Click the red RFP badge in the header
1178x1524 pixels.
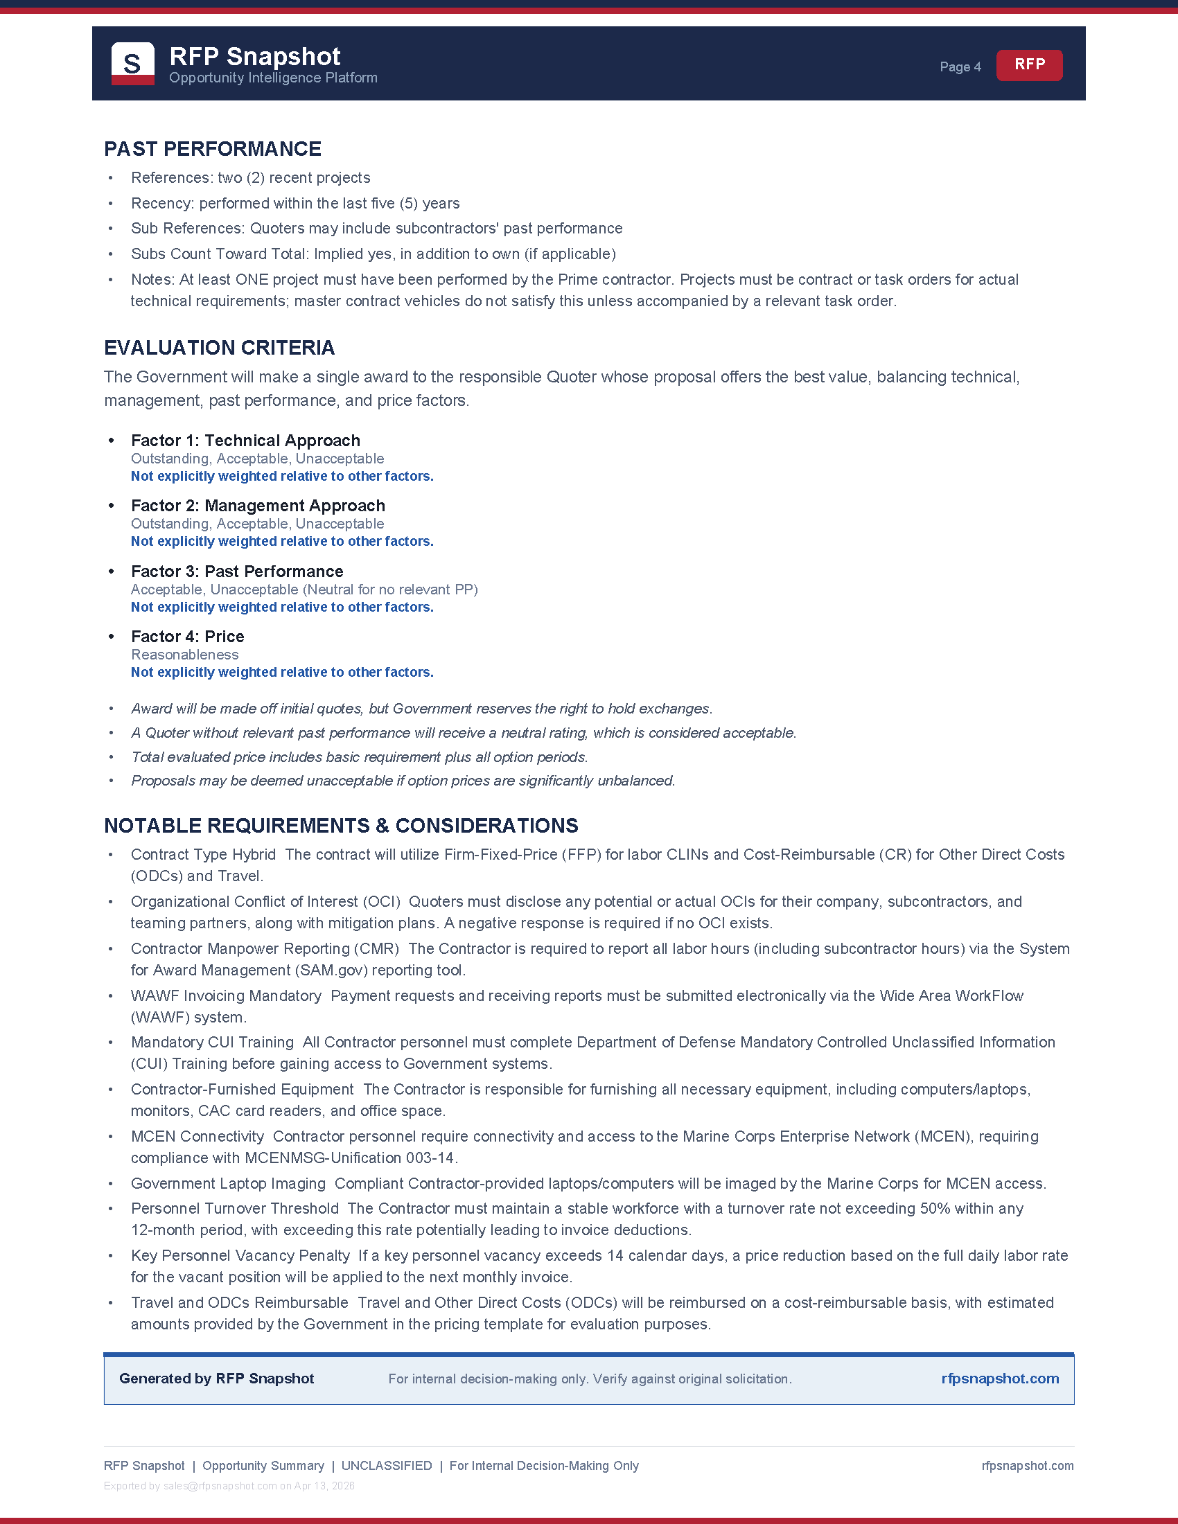click(x=1028, y=65)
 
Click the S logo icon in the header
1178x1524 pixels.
click(x=132, y=64)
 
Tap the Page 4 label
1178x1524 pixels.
click(x=960, y=67)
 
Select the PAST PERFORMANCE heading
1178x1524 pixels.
click(x=212, y=149)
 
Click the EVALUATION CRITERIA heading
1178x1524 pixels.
click(x=219, y=348)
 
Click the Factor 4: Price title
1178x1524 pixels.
click(x=187, y=637)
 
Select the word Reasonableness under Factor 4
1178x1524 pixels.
click(x=184, y=655)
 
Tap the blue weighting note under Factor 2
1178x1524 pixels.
click(x=282, y=542)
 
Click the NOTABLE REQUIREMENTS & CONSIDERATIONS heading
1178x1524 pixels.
click(x=340, y=826)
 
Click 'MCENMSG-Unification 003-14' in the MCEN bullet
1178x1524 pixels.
click(x=350, y=1158)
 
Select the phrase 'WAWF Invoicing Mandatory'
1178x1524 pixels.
click(x=226, y=995)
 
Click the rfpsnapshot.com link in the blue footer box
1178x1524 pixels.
click(x=999, y=1379)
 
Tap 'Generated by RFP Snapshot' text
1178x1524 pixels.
click(x=216, y=1379)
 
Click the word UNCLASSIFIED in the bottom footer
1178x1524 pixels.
click(x=386, y=1466)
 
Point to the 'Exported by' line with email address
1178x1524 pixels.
click(x=229, y=1487)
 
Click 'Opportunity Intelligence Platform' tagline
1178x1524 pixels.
click(x=273, y=78)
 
